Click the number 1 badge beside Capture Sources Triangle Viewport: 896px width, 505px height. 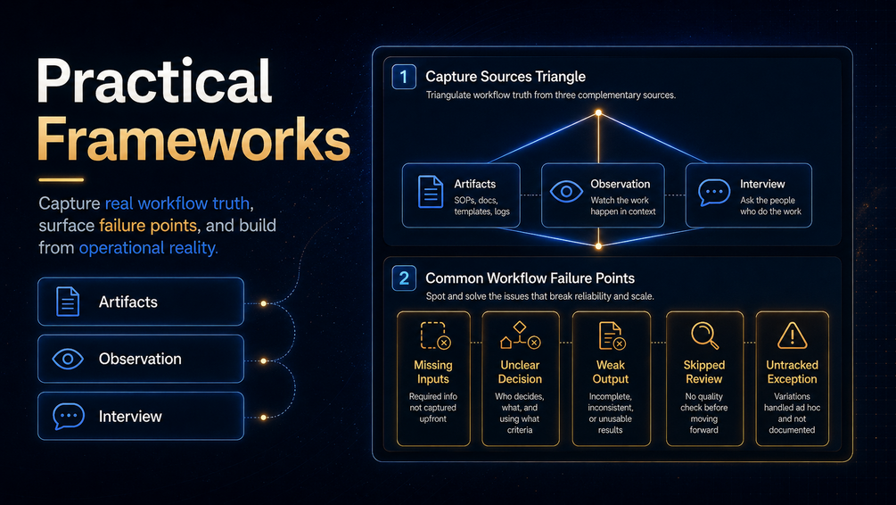[x=404, y=77]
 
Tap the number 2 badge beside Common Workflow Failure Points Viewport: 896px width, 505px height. [x=404, y=278]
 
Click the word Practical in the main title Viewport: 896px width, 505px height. [x=154, y=82]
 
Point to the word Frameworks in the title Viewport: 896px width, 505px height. [x=193, y=139]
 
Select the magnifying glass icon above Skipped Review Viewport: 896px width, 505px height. [x=704, y=335]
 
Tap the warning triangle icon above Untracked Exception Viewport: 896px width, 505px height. [x=792, y=335]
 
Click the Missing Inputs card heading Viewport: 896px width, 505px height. [x=433, y=372]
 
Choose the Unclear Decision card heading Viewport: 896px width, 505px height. [x=520, y=372]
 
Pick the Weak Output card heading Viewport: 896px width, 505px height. [x=611, y=372]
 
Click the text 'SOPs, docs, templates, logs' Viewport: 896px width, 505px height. [x=481, y=206]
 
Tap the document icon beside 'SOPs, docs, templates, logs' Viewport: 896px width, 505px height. [x=431, y=192]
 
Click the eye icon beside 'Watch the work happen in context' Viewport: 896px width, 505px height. [x=566, y=192]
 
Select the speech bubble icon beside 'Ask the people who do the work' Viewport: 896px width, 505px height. [x=714, y=193]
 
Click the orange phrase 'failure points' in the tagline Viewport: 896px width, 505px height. [x=148, y=226]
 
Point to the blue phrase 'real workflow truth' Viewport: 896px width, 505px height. [x=177, y=203]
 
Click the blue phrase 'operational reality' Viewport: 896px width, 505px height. [x=147, y=248]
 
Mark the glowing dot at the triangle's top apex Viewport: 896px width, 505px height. [x=598, y=113]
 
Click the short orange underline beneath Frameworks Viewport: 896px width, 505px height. [x=62, y=179]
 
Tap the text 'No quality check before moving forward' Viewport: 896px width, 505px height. [x=704, y=413]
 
